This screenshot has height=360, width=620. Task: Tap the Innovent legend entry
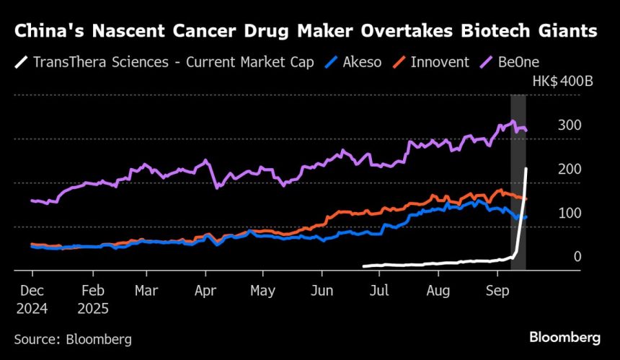coord(439,61)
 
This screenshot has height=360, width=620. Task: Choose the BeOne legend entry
coord(518,61)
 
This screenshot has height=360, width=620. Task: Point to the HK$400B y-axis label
coord(562,81)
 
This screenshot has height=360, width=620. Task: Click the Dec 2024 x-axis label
coord(32,299)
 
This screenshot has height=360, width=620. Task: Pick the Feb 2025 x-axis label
coord(93,299)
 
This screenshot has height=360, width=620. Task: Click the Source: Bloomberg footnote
coord(73,338)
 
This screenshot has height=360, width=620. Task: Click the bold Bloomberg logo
coord(564,337)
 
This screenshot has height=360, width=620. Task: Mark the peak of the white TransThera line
coord(526,169)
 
